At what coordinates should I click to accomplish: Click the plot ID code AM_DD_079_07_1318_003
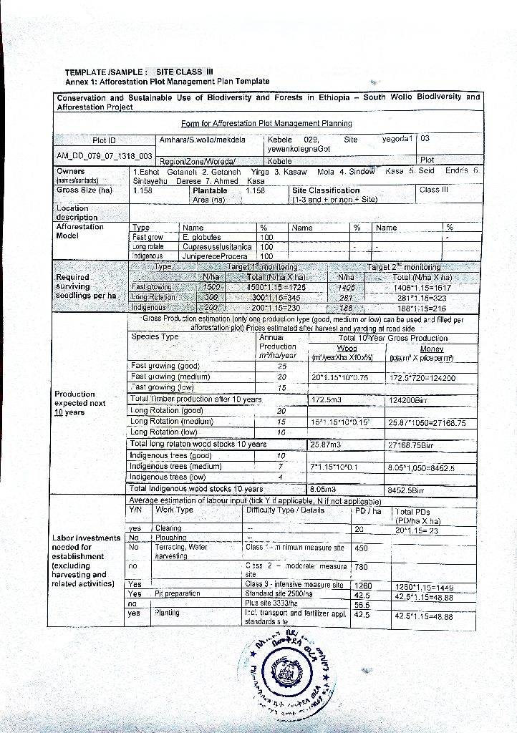(104, 155)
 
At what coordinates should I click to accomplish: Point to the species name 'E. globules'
(202, 237)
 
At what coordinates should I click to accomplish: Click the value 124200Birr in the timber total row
(410, 399)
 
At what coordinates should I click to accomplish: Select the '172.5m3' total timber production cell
(328, 399)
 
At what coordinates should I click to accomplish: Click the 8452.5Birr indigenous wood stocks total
(406, 490)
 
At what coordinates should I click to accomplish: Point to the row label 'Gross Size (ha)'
(84, 190)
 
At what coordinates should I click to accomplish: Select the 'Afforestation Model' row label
(79, 231)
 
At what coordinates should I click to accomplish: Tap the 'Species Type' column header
(155, 336)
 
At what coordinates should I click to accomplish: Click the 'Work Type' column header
(174, 510)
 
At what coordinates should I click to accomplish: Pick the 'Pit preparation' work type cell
(175, 594)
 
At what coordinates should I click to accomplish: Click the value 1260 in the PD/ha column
(363, 586)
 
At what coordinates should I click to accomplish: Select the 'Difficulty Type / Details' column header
(285, 510)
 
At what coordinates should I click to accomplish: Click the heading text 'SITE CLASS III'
(185, 72)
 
